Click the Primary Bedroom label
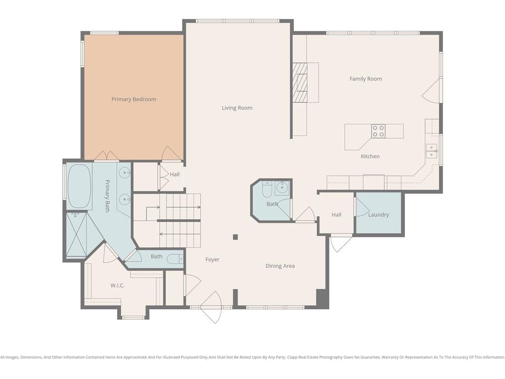click(x=134, y=99)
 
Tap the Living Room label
click(x=237, y=108)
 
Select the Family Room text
click(x=365, y=79)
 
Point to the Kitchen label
click(x=370, y=156)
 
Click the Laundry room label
click(x=378, y=215)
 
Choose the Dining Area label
click(x=280, y=266)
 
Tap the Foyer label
click(x=212, y=260)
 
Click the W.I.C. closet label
click(x=117, y=286)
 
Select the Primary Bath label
click(x=108, y=196)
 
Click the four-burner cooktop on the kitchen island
click(x=378, y=131)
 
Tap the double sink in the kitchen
click(x=431, y=151)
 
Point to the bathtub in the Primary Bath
click(x=79, y=186)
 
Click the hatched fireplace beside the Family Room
click(x=300, y=82)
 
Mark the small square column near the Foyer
click(x=235, y=237)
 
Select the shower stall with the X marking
click(x=76, y=234)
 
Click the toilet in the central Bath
click(x=267, y=189)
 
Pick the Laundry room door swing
click(x=361, y=207)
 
